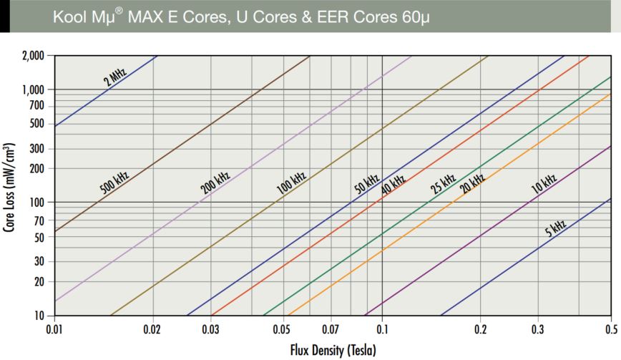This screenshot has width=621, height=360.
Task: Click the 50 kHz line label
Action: pyautogui.click(x=366, y=185)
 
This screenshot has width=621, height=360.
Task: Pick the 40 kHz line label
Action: pyautogui.click(x=393, y=185)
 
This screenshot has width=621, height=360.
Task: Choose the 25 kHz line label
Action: pyautogui.click(x=443, y=185)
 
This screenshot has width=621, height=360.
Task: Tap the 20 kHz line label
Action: pyautogui.click(x=472, y=184)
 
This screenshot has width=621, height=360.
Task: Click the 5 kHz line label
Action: pyautogui.click(x=554, y=230)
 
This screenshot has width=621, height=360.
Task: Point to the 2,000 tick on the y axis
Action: pyautogui.click(x=34, y=56)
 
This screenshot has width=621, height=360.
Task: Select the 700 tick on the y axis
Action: pyautogui.click(x=37, y=106)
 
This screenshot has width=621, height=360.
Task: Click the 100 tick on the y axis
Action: pyautogui.click(x=37, y=203)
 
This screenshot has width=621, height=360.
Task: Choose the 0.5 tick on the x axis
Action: pyautogui.click(x=611, y=330)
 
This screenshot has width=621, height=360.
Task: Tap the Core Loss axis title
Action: pyautogui.click(x=10, y=193)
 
